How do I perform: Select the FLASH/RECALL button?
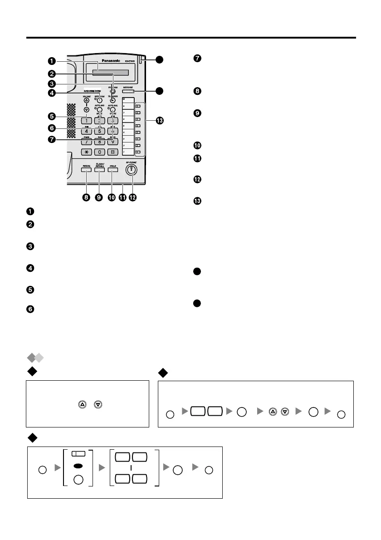click(x=100, y=170)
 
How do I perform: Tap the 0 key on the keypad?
click(x=100, y=152)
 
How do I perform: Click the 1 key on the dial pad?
click(x=87, y=121)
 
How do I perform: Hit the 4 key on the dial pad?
click(x=87, y=131)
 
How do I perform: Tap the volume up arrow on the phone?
click(x=86, y=101)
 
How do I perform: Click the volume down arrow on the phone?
click(x=86, y=109)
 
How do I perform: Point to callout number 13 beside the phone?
click(x=159, y=121)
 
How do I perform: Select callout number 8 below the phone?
click(x=86, y=198)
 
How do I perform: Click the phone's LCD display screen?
click(x=111, y=73)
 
